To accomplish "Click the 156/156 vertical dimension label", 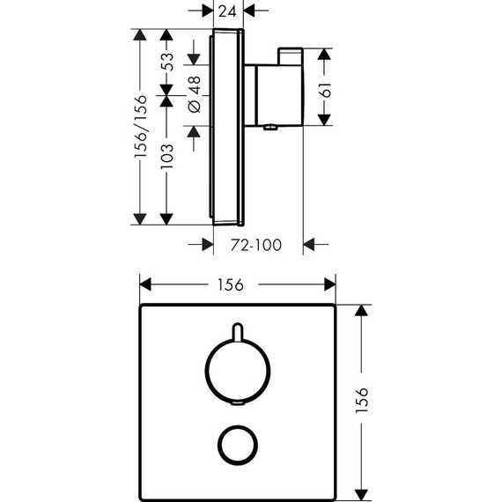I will point(139,126).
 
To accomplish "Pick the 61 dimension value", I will point(326,88).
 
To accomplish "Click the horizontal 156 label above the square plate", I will point(229,284).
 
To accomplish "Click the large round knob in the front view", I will point(237,373).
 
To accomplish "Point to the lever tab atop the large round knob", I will point(237,331).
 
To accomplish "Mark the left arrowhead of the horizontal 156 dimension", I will point(146,284).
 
